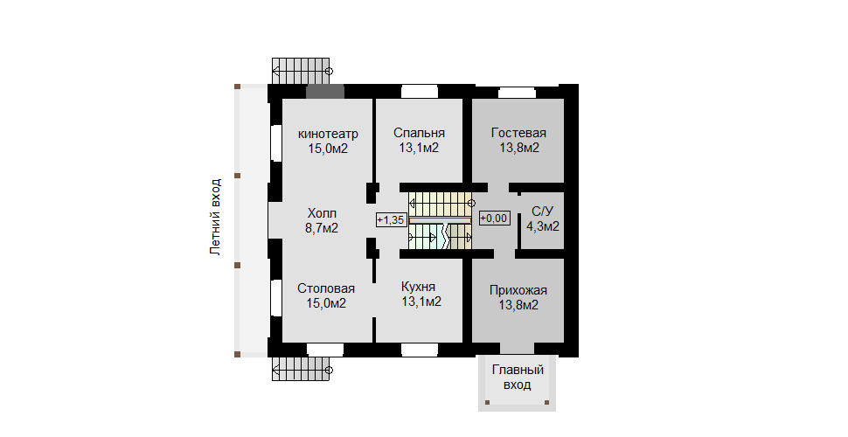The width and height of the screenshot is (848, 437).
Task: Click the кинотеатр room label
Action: [328, 134]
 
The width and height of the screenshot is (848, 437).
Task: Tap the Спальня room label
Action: [419, 133]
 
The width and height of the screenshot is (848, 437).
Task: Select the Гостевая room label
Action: [518, 133]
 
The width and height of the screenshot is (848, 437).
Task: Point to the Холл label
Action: [322, 212]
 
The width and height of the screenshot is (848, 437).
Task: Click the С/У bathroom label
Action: [542, 211]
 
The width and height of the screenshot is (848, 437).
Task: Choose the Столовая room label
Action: [325, 288]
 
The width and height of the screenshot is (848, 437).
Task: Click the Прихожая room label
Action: [518, 290]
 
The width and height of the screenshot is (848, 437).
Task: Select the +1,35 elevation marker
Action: [391, 219]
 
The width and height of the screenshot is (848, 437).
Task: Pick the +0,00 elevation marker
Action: [494, 218]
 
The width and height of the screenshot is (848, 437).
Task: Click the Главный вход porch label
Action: [518, 378]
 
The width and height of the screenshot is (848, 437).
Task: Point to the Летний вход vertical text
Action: [215, 217]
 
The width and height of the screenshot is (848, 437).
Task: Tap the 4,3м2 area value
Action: [542, 225]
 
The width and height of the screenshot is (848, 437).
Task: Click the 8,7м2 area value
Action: [322, 227]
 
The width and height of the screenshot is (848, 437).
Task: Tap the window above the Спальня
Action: [419, 91]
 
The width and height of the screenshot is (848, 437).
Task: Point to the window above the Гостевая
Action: [517, 92]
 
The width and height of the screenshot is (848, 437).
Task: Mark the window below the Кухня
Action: [419, 350]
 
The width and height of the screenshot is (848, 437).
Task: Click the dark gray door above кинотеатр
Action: [324, 91]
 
